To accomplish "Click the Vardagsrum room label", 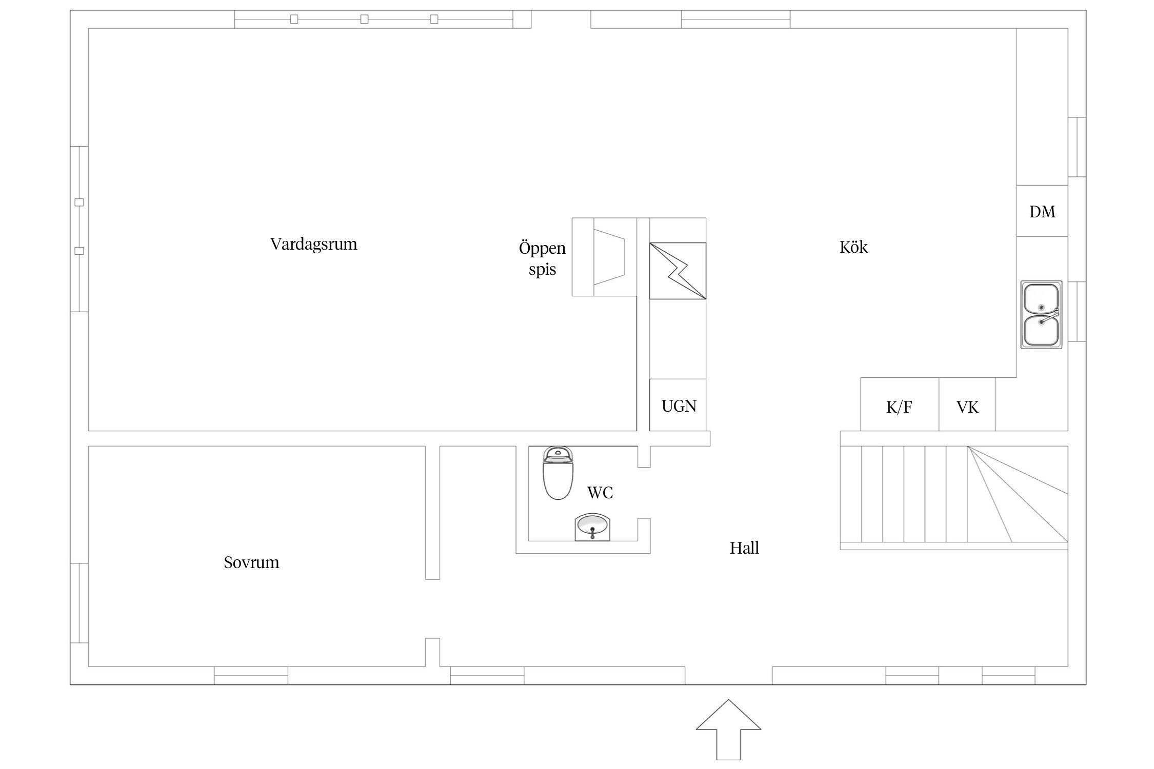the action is [313, 244].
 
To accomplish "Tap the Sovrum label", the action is [251, 562].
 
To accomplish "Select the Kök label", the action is [853, 247].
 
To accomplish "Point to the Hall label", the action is [744, 548].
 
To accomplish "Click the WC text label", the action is [600, 493].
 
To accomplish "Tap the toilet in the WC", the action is [558, 473].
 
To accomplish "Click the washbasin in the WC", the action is [593, 527].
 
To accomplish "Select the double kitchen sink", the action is [1041, 315].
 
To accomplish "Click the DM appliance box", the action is [1042, 211].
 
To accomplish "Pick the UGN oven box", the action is [678, 405].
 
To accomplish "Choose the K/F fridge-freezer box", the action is [900, 404].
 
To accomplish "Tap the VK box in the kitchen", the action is [967, 404].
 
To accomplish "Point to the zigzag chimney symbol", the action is [678, 271].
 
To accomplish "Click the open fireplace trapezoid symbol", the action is [609, 257].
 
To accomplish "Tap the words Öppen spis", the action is [542, 258].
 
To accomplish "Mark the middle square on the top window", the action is [364, 19].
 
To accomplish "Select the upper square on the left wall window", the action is [79, 203].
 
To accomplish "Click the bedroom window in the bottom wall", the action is [251, 676].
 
